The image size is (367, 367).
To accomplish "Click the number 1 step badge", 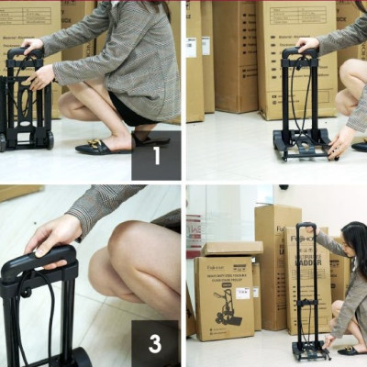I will click(155, 155).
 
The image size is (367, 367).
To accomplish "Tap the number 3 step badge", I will click(155, 343).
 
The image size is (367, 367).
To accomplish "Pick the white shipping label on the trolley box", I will click(242, 293).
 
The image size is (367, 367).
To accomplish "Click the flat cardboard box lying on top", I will click(232, 248).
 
